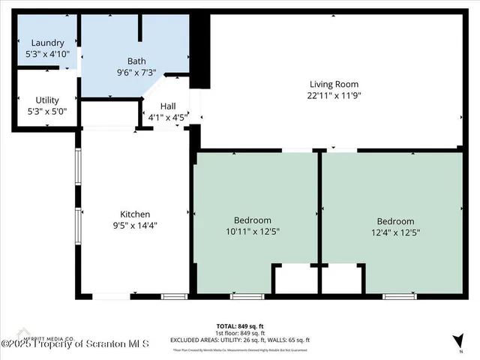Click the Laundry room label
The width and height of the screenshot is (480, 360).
[x=47, y=43]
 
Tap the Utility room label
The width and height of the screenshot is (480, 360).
[x=47, y=100]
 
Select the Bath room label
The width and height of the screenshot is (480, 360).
[x=136, y=61]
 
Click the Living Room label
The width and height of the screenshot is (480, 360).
[x=334, y=84]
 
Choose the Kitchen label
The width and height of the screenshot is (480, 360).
[x=136, y=214]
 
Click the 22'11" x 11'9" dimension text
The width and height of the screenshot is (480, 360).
[x=334, y=95]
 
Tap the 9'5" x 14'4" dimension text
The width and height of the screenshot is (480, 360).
[x=136, y=225]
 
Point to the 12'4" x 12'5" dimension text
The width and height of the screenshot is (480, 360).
[x=395, y=232]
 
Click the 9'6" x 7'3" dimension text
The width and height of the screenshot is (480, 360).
[x=136, y=73]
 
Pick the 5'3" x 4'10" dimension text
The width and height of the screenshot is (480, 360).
[x=47, y=54]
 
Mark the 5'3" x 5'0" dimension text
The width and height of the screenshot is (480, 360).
[x=47, y=111]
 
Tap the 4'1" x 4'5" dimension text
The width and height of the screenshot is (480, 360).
[x=165, y=117]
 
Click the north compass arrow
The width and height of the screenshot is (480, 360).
[x=457, y=339]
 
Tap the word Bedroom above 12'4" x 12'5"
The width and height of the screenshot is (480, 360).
[x=395, y=221]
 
